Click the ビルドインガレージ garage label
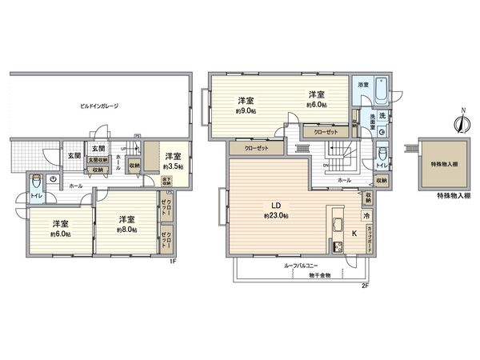point(99,106)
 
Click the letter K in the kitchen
point(355,234)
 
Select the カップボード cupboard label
point(368,238)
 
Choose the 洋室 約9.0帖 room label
point(245,105)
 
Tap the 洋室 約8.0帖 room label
point(126,224)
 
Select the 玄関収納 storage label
point(97,159)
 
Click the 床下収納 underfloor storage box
point(167,180)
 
